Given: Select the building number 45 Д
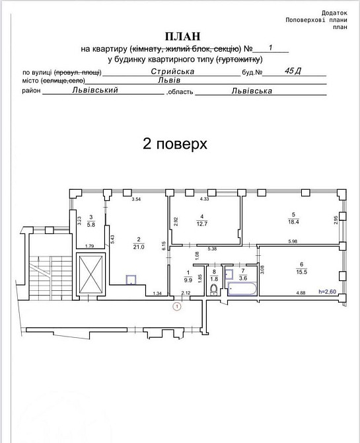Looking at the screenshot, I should pos(291,70).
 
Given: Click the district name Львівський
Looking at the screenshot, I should pos(96,90).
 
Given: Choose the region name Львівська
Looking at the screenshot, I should pos(252,90).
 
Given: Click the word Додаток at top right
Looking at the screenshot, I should pos(334,13).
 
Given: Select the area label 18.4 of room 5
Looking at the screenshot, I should pos(293,222).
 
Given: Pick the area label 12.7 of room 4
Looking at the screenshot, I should pos(203,223).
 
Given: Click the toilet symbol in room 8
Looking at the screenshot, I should pos(213,289).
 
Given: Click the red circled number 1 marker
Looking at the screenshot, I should pos(176,306).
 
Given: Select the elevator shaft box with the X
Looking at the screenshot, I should pos(90,274).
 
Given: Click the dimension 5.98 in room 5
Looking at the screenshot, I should pos(292,240).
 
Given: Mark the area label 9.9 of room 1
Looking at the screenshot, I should pos(188,279).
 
